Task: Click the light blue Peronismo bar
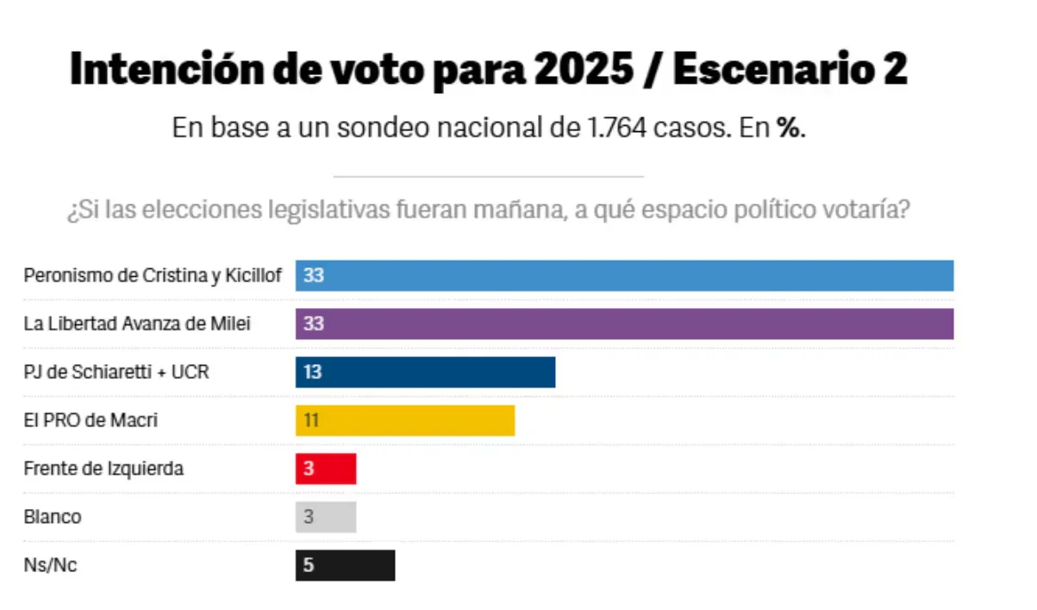[624, 276]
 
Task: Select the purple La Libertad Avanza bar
[624, 324]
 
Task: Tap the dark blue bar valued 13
[425, 373]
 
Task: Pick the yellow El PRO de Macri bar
[405, 421]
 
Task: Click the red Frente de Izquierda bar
[326, 469]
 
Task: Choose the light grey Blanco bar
[326, 518]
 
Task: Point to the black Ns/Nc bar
[345, 566]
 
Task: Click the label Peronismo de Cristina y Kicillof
[153, 276]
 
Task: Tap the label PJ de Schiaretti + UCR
[116, 373]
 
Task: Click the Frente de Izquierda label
[103, 469]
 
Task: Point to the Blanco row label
[53, 518]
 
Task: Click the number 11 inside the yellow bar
[312, 422]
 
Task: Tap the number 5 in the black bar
[309, 567]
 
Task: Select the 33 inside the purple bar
[314, 325]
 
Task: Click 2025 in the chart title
[583, 69]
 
